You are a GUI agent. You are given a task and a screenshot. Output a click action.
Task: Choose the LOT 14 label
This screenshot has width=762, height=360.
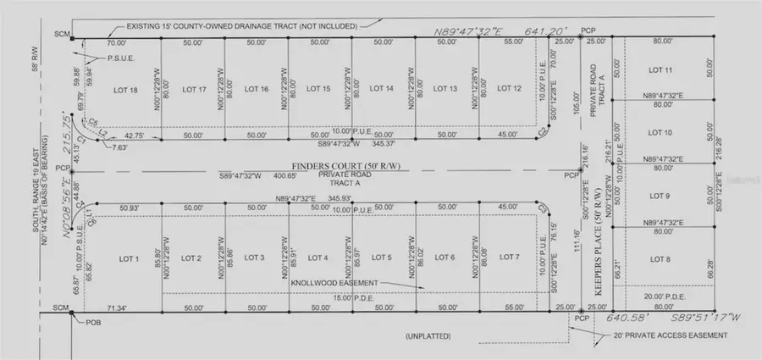click(x=382, y=89)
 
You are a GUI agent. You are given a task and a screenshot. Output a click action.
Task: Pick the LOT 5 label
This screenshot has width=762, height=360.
click(x=382, y=258)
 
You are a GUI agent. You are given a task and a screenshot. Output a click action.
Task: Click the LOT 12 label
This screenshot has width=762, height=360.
click(x=509, y=89)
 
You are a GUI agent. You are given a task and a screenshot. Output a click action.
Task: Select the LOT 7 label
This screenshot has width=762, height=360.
click(x=509, y=258)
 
